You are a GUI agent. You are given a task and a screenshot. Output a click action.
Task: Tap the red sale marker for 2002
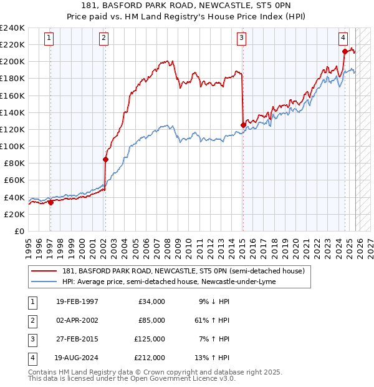point(105,159)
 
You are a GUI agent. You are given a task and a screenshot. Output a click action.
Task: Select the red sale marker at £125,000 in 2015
point(242,125)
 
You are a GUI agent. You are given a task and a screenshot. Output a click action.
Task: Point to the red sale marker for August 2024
point(345,51)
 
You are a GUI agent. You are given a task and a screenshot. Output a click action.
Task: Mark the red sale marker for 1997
point(50,202)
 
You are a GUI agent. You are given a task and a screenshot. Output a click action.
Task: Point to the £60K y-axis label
point(14,180)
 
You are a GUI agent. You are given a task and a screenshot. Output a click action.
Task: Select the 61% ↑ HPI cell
point(211,320)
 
